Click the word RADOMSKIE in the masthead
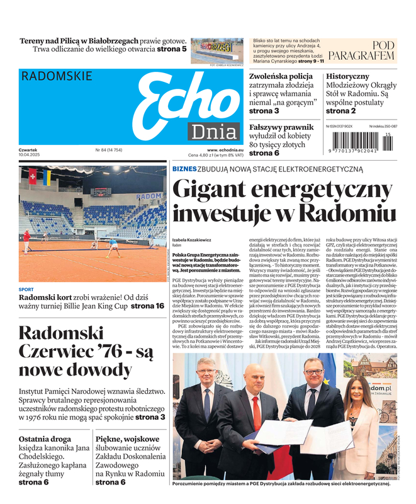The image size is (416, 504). [57, 77]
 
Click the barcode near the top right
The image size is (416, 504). [361, 143]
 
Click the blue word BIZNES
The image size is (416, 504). [184, 169]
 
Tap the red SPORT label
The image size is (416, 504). [26, 290]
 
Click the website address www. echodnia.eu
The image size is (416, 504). [225, 150]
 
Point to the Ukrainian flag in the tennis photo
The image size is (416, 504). [47, 177]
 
